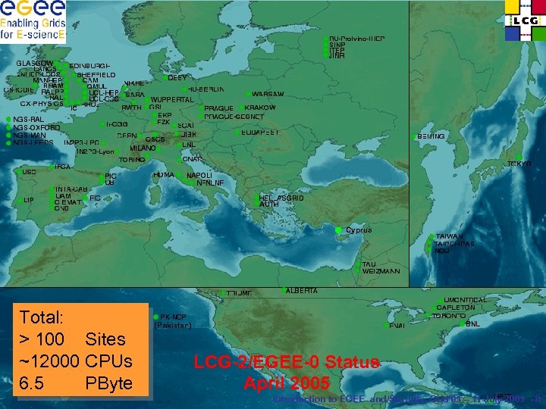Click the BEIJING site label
point(431,136)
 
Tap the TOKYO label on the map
point(519,164)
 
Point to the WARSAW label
point(268,94)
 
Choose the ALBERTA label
point(302,291)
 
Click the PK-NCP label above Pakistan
point(174,317)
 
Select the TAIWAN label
point(450,236)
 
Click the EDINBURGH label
point(89,67)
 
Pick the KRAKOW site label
point(261,108)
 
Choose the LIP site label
point(30,200)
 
